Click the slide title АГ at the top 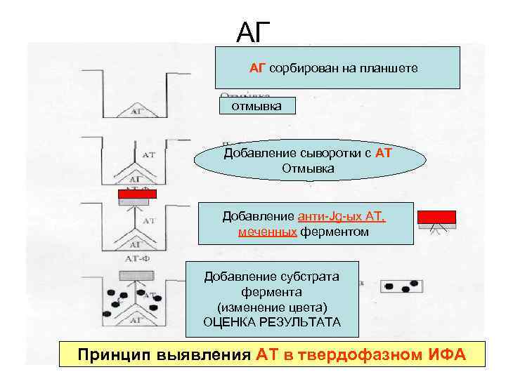[253, 31]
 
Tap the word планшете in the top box [389, 68]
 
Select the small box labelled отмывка [257, 106]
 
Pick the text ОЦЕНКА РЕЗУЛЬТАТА [271, 322]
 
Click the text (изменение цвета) [271, 307]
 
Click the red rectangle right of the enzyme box [436, 216]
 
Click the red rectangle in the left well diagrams [137, 194]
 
